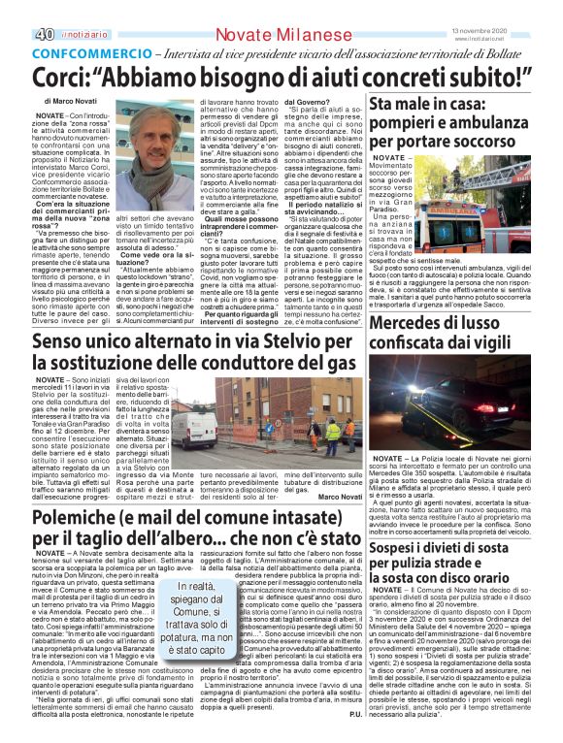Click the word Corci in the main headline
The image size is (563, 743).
point(61,77)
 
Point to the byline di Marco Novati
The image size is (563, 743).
point(71,101)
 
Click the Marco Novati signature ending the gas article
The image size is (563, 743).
point(338,497)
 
